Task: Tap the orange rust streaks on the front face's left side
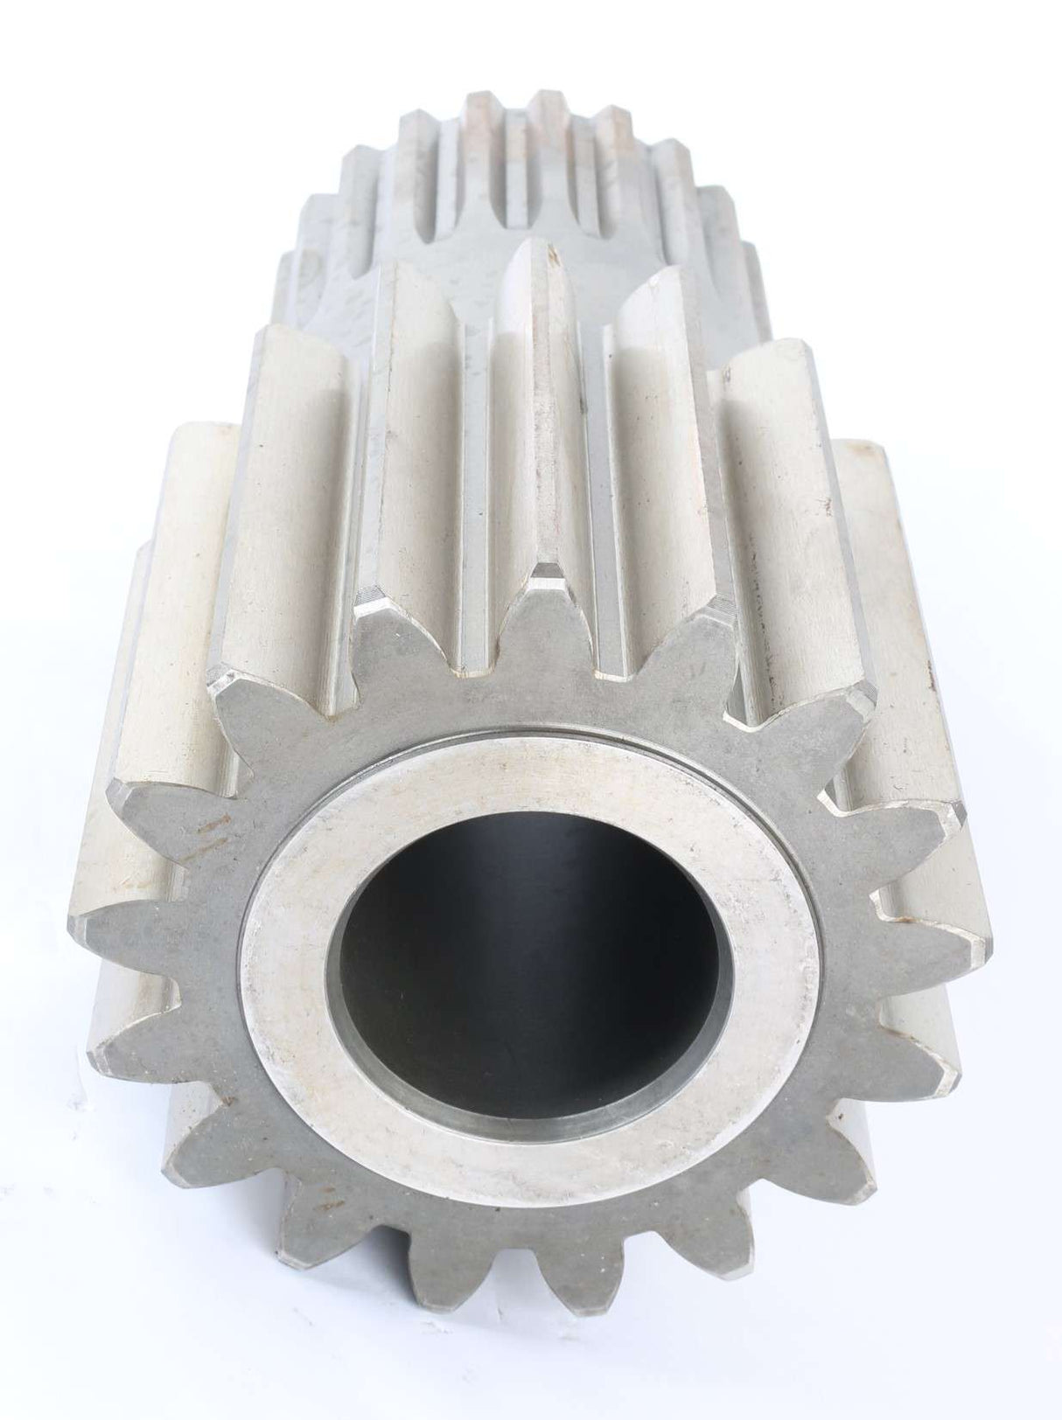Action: point(210,831)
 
